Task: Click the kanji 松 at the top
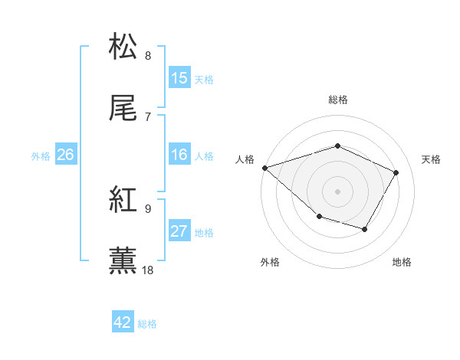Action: (123, 46)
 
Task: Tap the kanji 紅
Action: (123, 200)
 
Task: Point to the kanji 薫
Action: (123, 260)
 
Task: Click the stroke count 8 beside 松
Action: (148, 55)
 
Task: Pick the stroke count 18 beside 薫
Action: (149, 270)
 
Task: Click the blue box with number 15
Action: (179, 78)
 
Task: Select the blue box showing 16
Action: (179, 155)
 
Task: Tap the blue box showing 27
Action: (179, 231)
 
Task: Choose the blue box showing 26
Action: (66, 155)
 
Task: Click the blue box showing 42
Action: (123, 322)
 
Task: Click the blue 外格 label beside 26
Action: (41, 155)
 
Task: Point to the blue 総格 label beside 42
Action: (147, 324)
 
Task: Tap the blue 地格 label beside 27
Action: (204, 232)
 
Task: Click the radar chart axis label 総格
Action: (337, 100)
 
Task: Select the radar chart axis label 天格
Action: (432, 159)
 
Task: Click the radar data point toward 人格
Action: (264, 168)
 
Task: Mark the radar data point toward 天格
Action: (396, 172)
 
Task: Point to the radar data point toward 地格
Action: (365, 229)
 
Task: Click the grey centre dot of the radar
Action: (337, 191)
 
